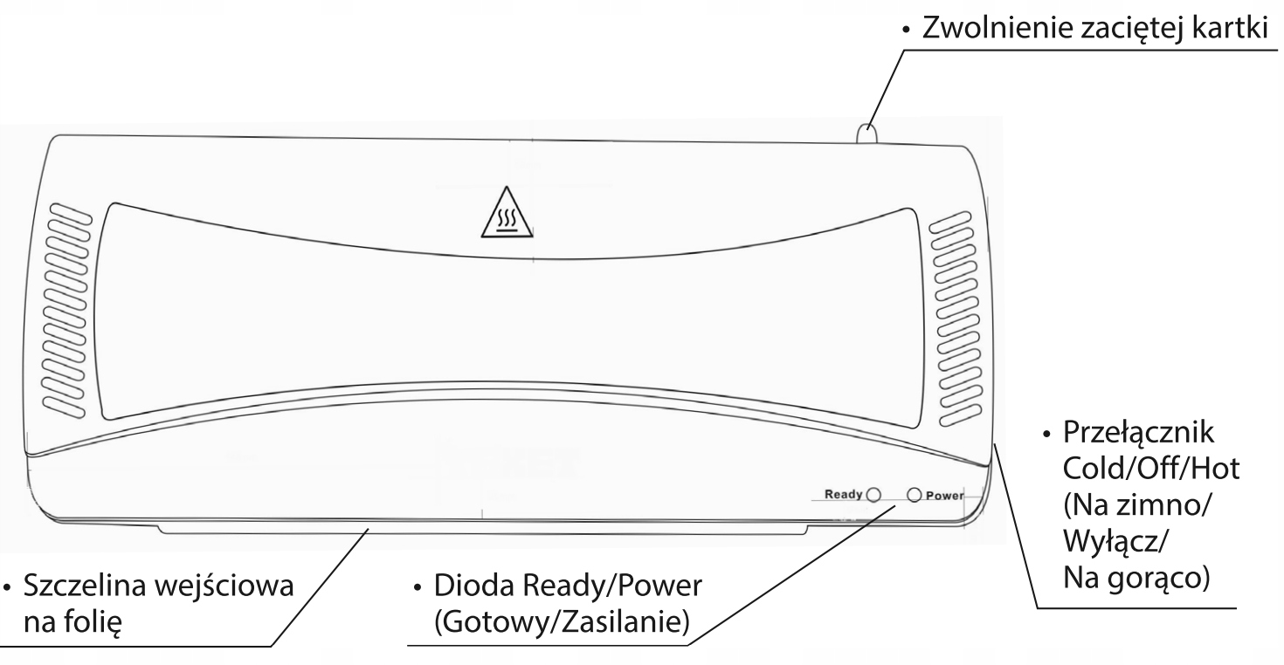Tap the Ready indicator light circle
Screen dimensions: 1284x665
click(871, 495)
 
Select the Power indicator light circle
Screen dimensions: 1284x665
click(914, 495)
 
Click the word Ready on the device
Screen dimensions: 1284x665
click(843, 495)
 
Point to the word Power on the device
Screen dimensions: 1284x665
click(944, 496)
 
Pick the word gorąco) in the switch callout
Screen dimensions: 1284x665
click(1155, 578)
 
